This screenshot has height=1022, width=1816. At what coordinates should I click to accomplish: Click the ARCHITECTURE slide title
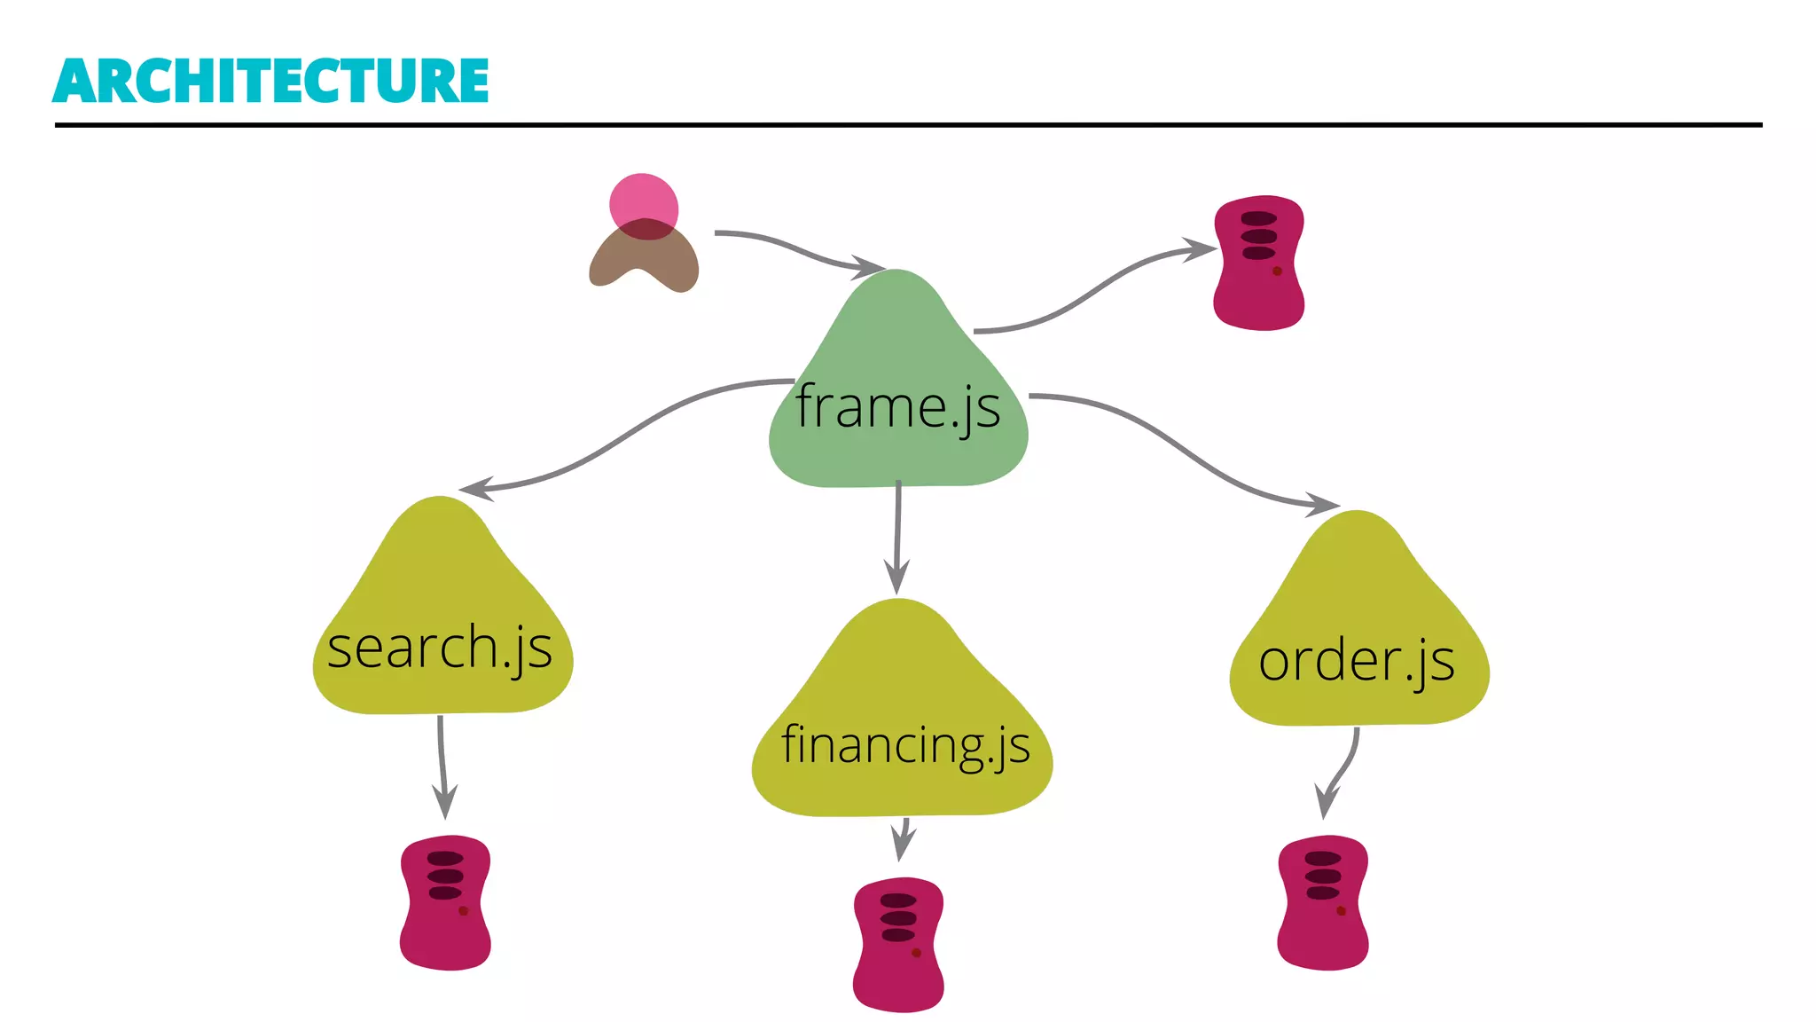(x=270, y=81)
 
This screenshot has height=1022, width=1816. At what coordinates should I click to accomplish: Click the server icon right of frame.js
(x=1259, y=263)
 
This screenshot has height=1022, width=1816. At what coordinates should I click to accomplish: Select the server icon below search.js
(x=445, y=902)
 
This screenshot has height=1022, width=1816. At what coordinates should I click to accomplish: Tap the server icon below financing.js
(x=898, y=945)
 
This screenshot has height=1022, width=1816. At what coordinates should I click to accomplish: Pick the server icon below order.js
(x=1323, y=902)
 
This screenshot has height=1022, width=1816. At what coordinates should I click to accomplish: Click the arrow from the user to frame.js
(x=798, y=249)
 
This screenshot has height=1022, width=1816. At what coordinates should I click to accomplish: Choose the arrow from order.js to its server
(x=1341, y=772)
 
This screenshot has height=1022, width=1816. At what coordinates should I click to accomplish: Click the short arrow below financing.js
(x=903, y=837)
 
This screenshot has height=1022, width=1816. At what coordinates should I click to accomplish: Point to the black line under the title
(x=908, y=125)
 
